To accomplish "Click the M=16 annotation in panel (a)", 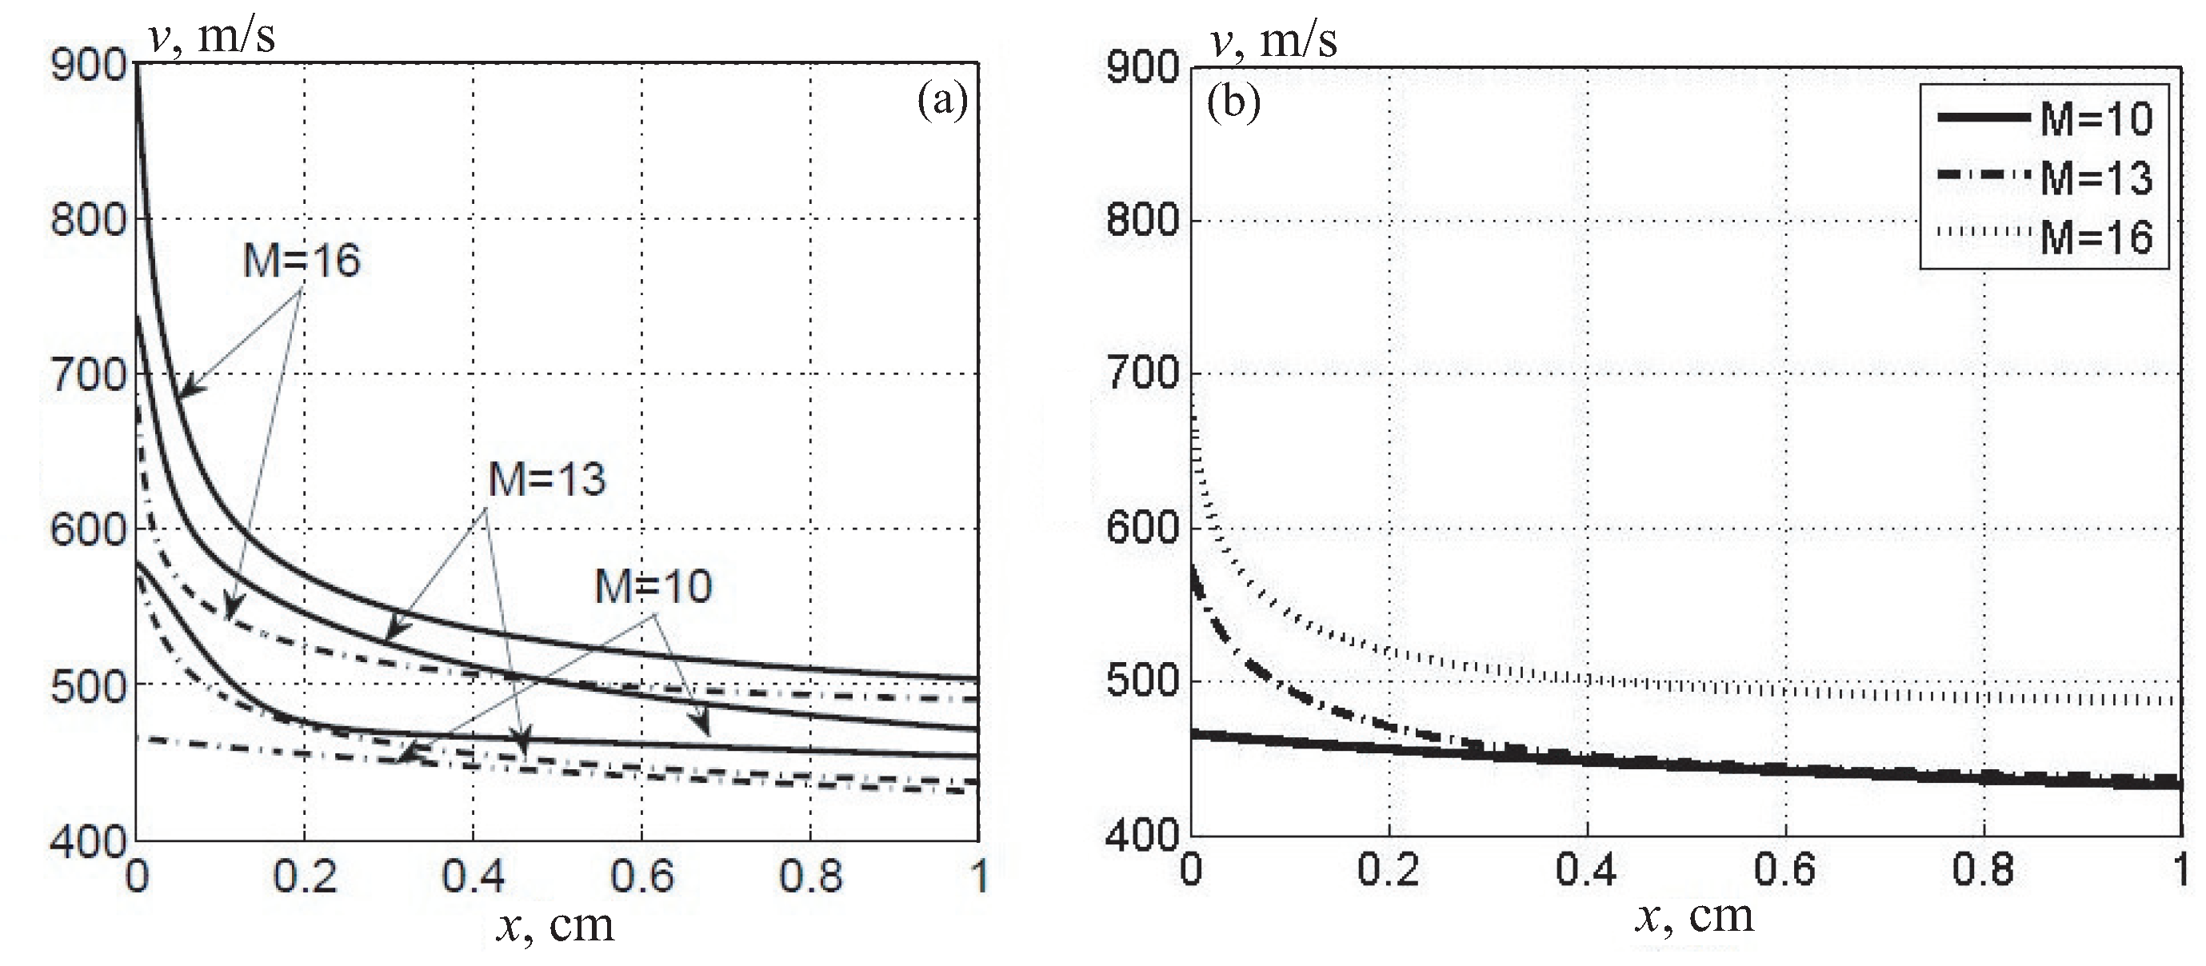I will [302, 261].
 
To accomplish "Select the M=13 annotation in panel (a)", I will [546, 480].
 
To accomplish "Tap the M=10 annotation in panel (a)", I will [653, 588].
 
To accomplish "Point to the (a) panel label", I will [942, 101].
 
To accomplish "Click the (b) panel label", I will [1233, 103].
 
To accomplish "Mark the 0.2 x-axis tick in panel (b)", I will [1389, 869].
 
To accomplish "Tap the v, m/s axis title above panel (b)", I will [1273, 39].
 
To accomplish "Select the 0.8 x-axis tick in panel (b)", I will [1983, 869].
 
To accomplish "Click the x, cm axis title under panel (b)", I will [1695, 917].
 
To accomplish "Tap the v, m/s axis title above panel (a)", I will [213, 37].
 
